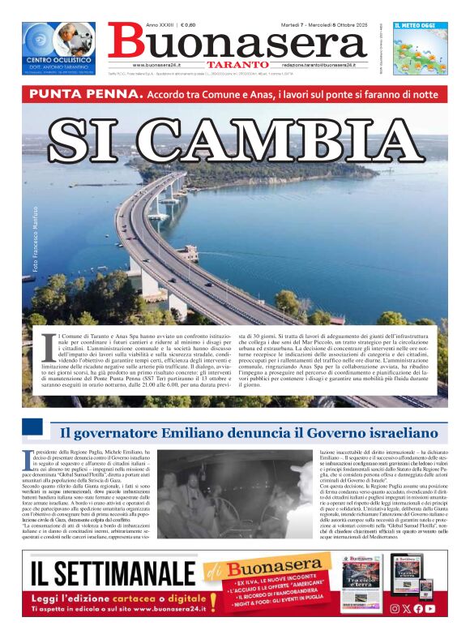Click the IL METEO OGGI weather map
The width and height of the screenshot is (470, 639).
pyautogui.click(x=420, y=49)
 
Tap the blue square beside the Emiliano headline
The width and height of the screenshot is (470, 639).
pyautogui.click(x=32, y=427)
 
